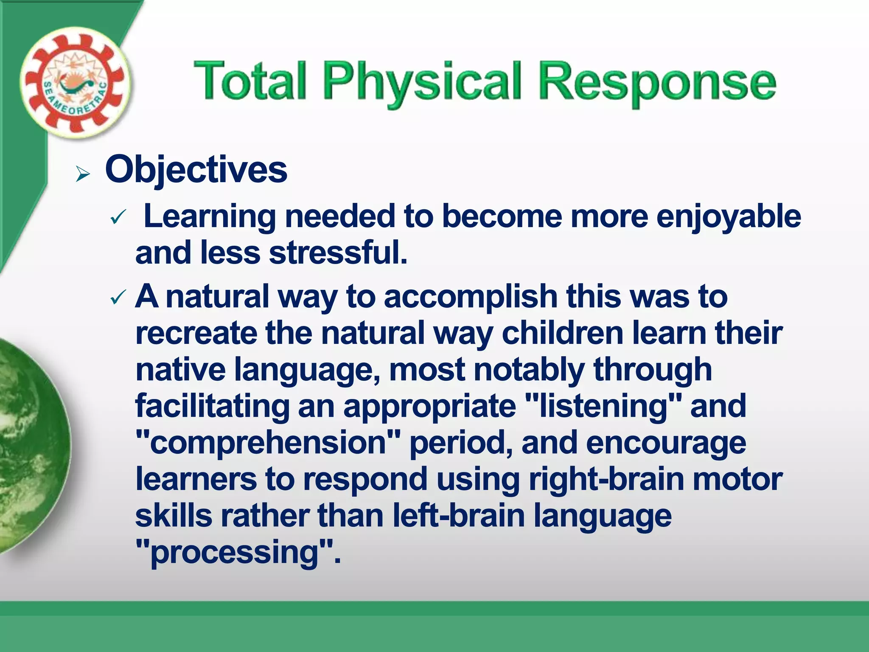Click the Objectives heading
pyautogui.click(x=196, y=169)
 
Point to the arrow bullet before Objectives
pyautogui.click(x=83, y=174)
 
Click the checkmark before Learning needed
pyautogui.click(x=118, y=218)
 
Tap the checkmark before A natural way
pyautogui.click(x=118, y=297)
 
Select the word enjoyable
pyautogui.click(x=729, y=217)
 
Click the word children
pyautogui.click(x=562, y=333)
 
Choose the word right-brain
pyautogui.click(x=606, y=479)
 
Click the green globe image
pyautogui.click(x=30, y=446)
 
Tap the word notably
pyautogui.click(x=529, y=370)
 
